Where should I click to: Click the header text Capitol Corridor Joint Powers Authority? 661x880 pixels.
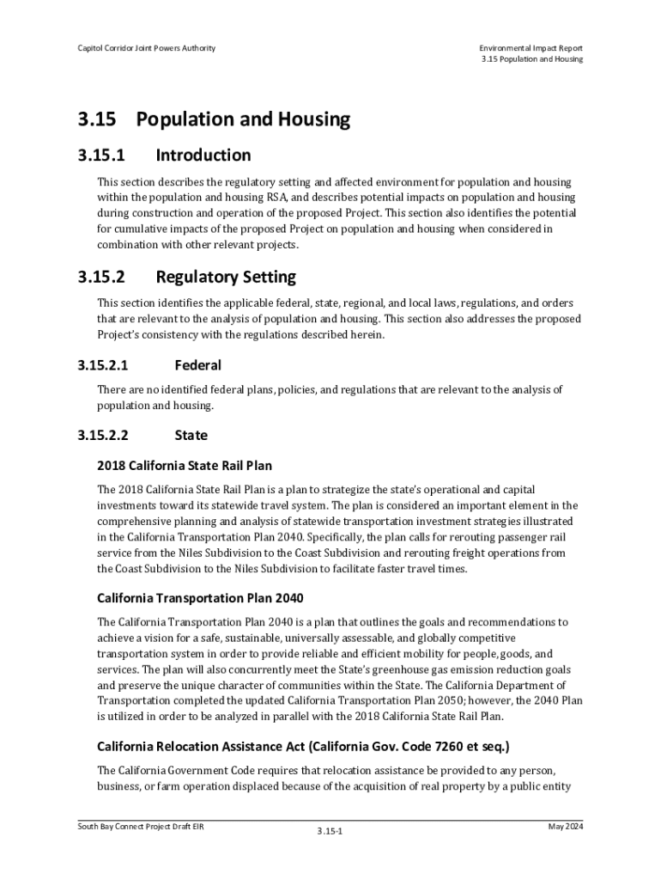(x=146, y=47)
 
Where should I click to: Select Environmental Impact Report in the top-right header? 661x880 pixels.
(x=531, y=47)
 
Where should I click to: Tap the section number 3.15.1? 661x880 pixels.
(x=101, y=156)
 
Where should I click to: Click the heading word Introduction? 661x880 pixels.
(x=203, y=156)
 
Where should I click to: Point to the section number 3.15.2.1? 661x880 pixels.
(x=103, y=365)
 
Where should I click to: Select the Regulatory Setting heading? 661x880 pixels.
(x=226, y=278)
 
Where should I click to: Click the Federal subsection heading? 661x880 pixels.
(x=197, y=365)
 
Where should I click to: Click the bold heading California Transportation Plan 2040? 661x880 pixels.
(x=200, y=597)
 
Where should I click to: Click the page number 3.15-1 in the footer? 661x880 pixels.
(x=330, y=832)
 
